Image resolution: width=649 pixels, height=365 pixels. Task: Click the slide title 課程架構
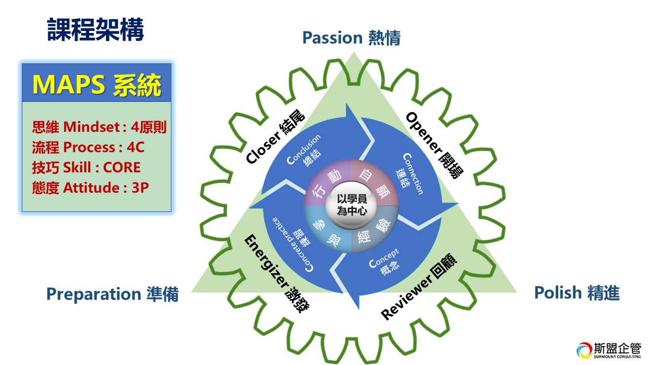tap(95, 29)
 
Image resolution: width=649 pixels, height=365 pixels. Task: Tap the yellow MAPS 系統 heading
tap(97, 85)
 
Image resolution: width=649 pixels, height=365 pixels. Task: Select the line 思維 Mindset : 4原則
tap(99, 127)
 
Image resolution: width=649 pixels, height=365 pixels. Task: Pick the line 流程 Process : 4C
tap(88, 147)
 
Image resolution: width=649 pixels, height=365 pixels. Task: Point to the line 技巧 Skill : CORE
tap(86, 167)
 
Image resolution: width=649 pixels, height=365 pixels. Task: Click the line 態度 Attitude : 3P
tap(90, 188)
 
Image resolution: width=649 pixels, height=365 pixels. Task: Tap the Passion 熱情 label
tap(351, 38)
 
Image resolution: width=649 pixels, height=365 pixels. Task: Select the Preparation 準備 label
tap(112, 294)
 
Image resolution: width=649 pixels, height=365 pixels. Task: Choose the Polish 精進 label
tap(576, 293)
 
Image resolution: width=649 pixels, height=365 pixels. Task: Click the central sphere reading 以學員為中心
tap(351, 205)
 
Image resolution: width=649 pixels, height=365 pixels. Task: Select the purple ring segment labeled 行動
tap(323, 185)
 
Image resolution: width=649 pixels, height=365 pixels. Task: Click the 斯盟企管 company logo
tap(608, 350)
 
